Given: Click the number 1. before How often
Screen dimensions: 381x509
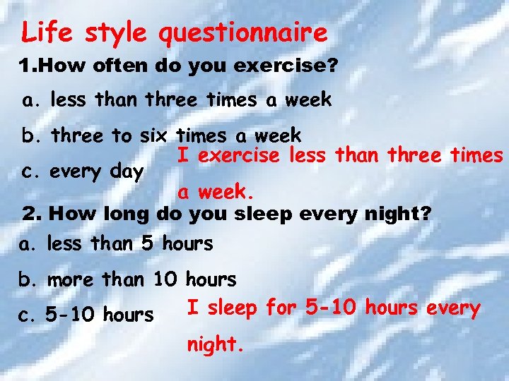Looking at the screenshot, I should coord(27,66).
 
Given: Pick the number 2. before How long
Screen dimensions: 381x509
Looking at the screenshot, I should coord(33,212).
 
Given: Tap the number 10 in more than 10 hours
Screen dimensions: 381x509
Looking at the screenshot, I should coord(166,280).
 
